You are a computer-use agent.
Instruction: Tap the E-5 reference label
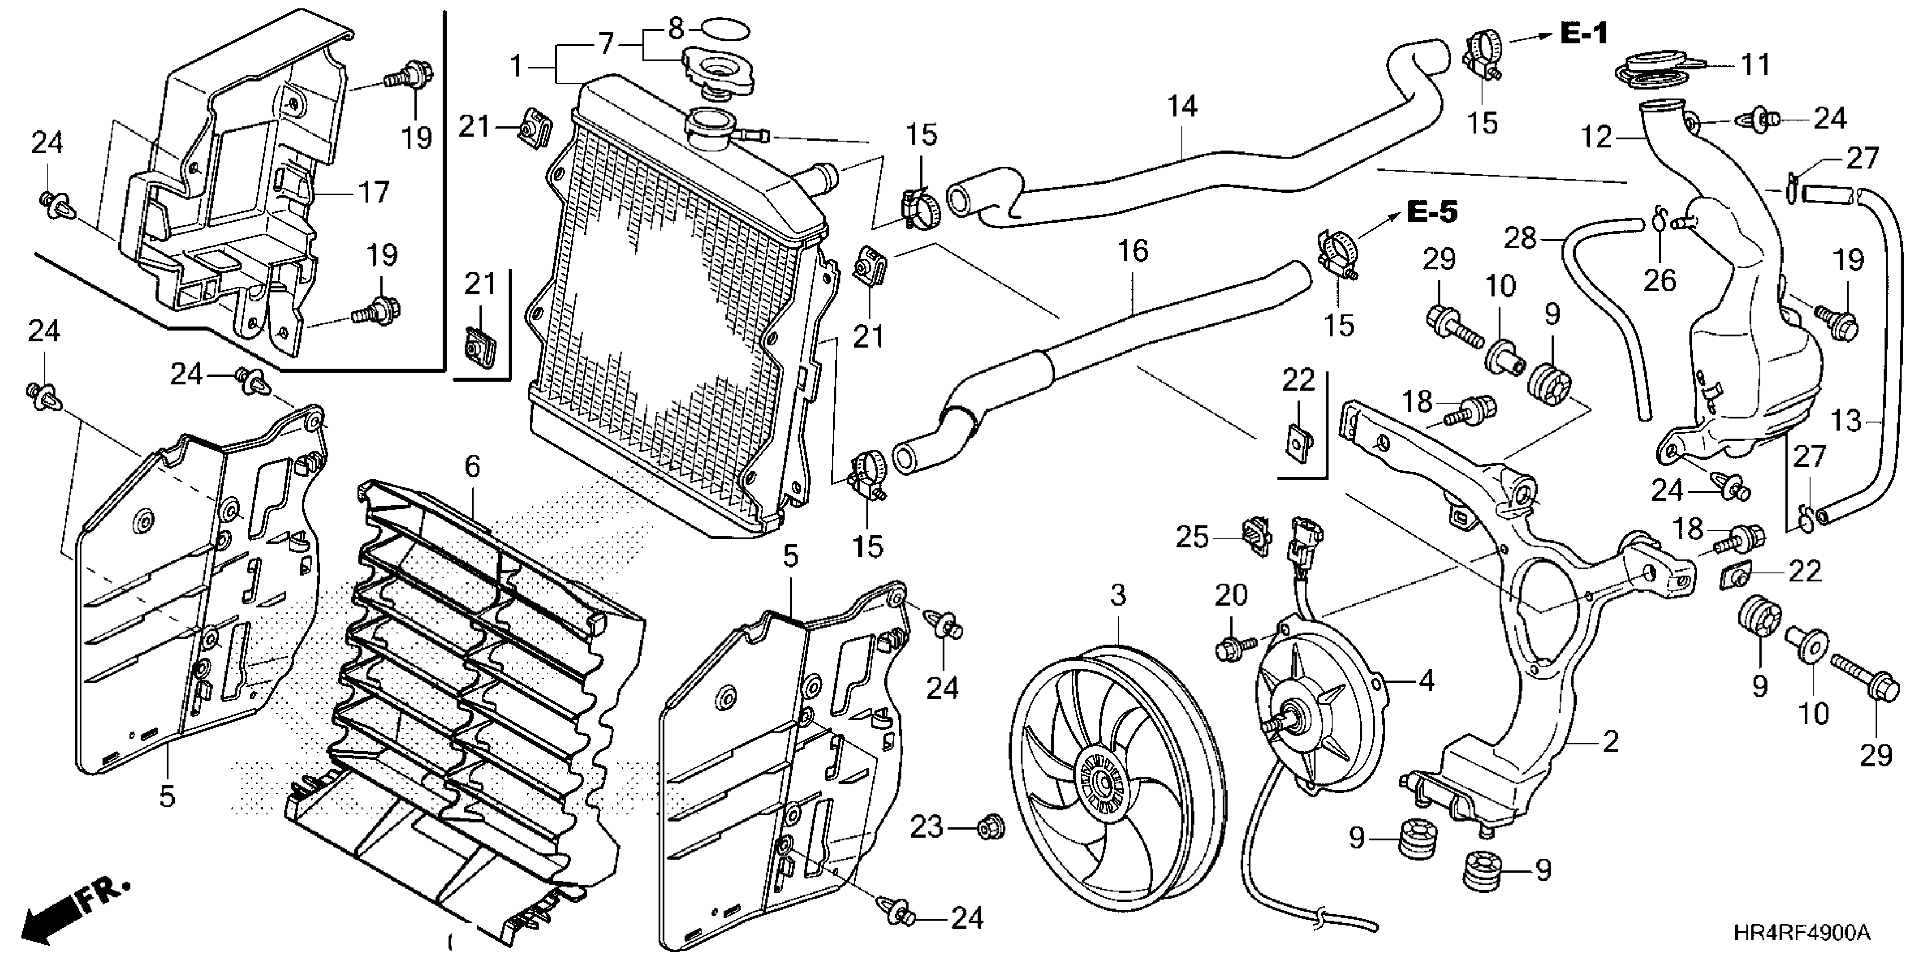coord(1432,212)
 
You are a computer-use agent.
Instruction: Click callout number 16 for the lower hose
coord(1132,251)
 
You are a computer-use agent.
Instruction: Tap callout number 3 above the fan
coord(1118,596)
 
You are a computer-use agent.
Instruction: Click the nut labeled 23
coord(991,828)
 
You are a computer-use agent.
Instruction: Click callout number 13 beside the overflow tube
coord(1846,421)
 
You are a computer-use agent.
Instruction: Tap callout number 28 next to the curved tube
coord(1521,238)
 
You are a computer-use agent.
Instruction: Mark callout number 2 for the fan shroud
coord(1610,742)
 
